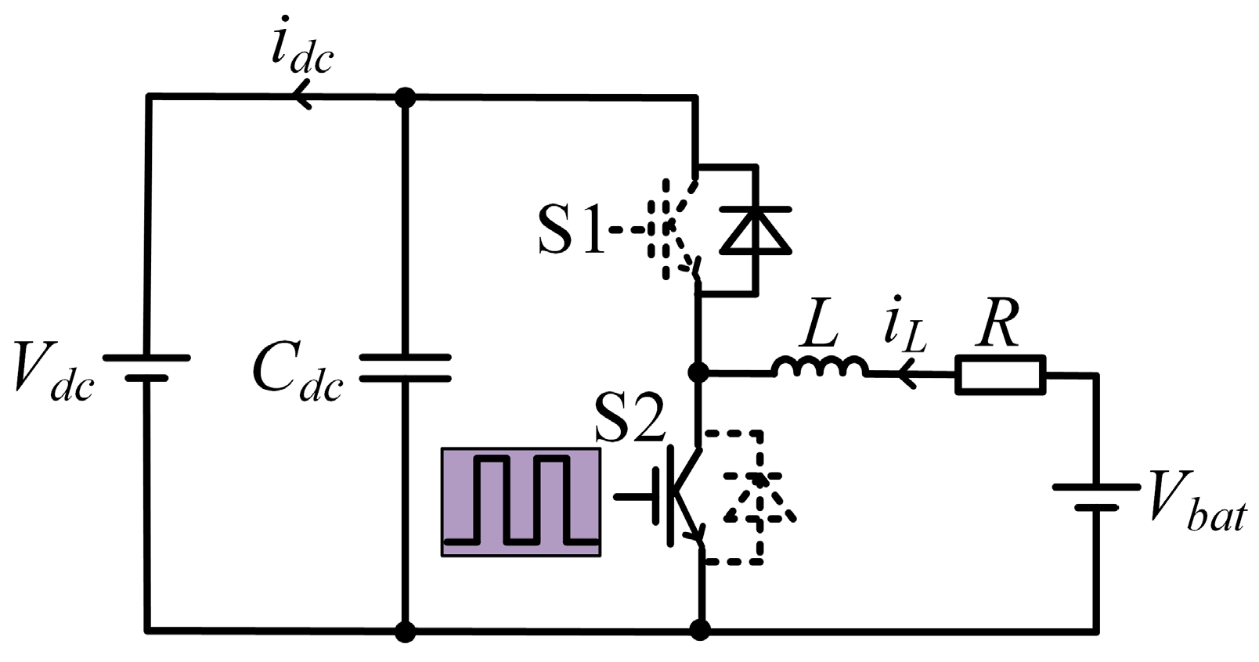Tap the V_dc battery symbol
147,368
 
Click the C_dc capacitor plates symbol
405,368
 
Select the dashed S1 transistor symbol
673,229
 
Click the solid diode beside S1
755,230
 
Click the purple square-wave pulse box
521,502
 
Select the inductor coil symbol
820,368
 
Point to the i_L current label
904,329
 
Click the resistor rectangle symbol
1000,374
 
